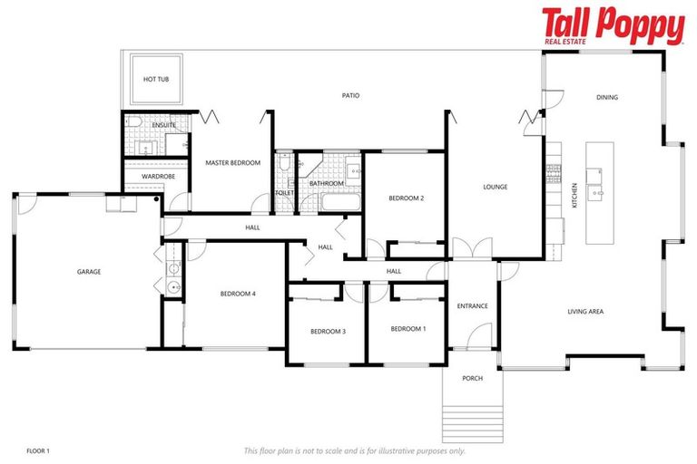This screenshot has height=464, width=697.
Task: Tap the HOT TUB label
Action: click(156, 80)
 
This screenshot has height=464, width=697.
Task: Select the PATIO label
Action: click(350, 95)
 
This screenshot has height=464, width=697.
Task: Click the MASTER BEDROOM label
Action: click(232, 163)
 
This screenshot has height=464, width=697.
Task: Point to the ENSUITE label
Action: click(139, 125)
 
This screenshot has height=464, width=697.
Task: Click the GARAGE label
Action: click(89, 272)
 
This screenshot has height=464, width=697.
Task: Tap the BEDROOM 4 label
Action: click(238, 294)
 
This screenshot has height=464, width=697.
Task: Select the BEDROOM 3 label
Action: click(328, 332)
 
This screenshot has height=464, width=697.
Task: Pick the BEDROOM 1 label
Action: click(408, 328)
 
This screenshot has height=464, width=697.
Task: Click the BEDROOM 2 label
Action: click(407, 198)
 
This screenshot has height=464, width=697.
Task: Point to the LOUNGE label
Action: click(495, 188)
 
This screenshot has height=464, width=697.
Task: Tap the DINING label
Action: click(606, 97)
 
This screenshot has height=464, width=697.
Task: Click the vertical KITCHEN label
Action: click(574, 197)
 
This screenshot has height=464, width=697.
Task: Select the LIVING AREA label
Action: click(585, 312)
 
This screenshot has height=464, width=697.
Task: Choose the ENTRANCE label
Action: click(472, 305)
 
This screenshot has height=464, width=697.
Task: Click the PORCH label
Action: click(472, 378)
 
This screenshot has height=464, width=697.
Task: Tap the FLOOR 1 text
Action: click(38, 450)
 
